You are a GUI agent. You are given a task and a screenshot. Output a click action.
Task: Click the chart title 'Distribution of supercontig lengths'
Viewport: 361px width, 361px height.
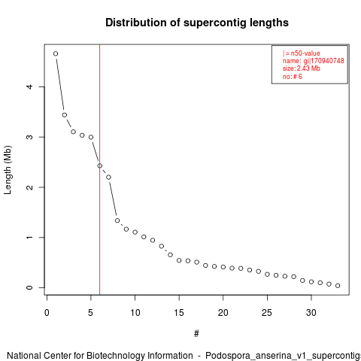tap(197, 23)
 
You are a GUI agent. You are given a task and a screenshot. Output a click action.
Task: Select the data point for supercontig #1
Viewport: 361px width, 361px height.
tap(56, 53)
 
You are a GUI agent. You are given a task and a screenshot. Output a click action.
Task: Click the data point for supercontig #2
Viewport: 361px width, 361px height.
tap(65, 115)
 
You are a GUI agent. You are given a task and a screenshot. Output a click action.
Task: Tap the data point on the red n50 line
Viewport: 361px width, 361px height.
tap(100, 165)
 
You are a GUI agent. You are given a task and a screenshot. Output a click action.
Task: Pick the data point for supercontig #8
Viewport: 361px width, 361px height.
tap(117, 220)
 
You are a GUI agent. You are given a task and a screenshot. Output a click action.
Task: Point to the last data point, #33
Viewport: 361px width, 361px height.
tap(338, 286)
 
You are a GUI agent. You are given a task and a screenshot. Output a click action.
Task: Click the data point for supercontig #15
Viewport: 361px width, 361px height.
tap(179, 260)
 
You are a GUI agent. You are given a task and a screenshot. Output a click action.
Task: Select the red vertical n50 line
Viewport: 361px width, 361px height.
tap(100, 170)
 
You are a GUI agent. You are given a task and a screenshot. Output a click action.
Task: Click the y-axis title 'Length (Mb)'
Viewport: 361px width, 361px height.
tap(8, 170)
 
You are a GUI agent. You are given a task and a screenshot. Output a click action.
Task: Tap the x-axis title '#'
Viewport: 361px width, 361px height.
tap(196, 334)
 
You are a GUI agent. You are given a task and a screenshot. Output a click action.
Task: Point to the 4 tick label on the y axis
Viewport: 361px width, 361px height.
tap(29, 86)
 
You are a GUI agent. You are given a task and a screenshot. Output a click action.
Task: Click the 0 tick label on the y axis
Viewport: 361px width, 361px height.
tap(29, 287)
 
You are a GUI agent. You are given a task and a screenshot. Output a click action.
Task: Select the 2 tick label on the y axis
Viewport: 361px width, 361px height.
tap(29, 187)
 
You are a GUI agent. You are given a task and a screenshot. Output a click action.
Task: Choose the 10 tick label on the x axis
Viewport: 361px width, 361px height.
tap(135, 313)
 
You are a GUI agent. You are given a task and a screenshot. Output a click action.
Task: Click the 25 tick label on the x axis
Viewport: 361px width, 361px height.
tap(267, 313)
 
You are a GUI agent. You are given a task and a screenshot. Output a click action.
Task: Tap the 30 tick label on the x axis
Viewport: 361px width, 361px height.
tap(311, 313)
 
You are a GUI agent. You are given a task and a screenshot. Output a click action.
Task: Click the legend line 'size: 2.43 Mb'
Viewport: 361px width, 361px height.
tap(302, 68)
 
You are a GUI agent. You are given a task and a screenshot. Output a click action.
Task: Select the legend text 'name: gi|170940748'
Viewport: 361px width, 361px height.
tap(314, 61)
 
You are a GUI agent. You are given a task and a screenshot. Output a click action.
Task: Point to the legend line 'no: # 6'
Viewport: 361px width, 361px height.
tap(293, 77)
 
